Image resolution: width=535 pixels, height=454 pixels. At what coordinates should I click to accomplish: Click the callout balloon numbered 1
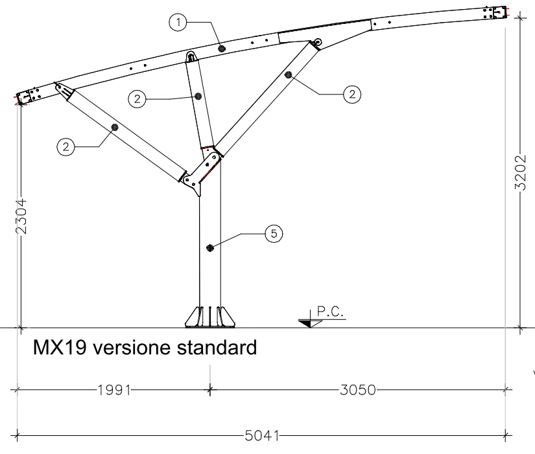[x=178, y=23]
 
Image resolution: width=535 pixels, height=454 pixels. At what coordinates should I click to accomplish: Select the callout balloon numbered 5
[x=274, y=233]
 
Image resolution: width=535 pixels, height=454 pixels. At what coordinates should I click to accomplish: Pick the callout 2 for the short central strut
[x=137, y=98]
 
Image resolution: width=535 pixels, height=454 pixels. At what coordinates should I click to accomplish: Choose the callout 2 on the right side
[x=351, y=95]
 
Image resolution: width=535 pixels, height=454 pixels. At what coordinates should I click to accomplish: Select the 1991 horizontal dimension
[x=114, y=390]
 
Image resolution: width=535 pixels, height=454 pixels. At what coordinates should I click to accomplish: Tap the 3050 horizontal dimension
[x=357, y=390]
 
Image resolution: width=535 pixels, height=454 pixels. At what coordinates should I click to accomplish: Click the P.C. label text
[x=331, y=312]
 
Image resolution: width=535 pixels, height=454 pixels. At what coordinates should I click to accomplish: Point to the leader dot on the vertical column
[x=209, y=247]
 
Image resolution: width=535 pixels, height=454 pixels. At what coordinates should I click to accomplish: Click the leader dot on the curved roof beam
[x=222, y=48]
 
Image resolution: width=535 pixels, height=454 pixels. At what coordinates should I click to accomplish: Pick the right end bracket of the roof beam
[x=497, y=13]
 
